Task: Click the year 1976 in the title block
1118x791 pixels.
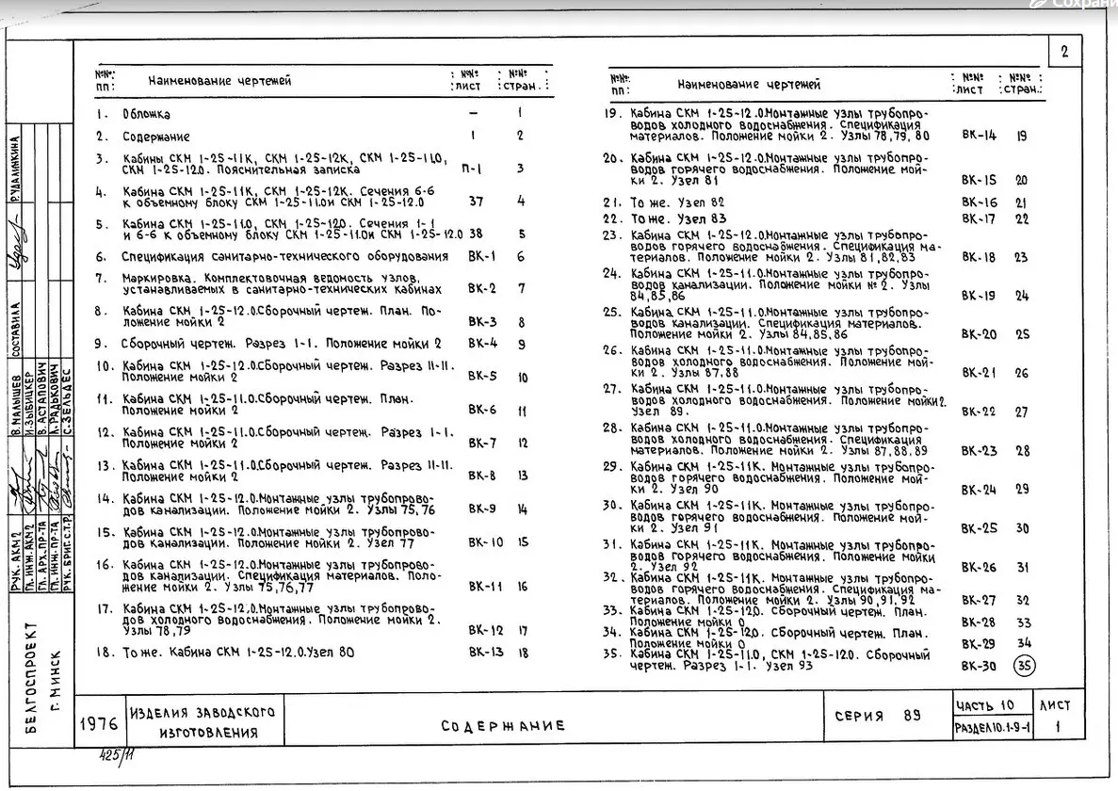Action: pos(99,724)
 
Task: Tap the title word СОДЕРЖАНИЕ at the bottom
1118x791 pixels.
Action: pos(503,725)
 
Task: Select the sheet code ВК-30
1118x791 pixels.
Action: pos(978,666)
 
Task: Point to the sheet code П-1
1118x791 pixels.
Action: pos(472,169)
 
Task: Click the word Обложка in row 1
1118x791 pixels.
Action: pos(146,114)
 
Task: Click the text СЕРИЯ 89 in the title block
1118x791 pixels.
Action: pos(877,716)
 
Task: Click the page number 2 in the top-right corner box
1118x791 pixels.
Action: pos(1064,53)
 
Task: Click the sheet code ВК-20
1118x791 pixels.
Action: pos(979,334)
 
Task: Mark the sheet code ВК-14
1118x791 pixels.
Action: pos(979,136)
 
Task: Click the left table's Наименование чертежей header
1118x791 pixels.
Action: pos(219,81)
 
